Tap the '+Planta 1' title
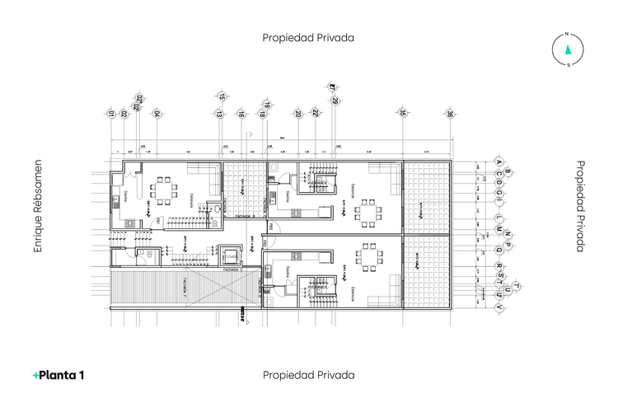(x=59, y=375)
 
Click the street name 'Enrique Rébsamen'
(x=36, y=206)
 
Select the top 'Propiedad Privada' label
(x=308, y=37)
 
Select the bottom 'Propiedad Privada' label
(x=308, y=375)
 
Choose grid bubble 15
(x=221, y=96)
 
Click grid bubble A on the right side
(x=498, y=161)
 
